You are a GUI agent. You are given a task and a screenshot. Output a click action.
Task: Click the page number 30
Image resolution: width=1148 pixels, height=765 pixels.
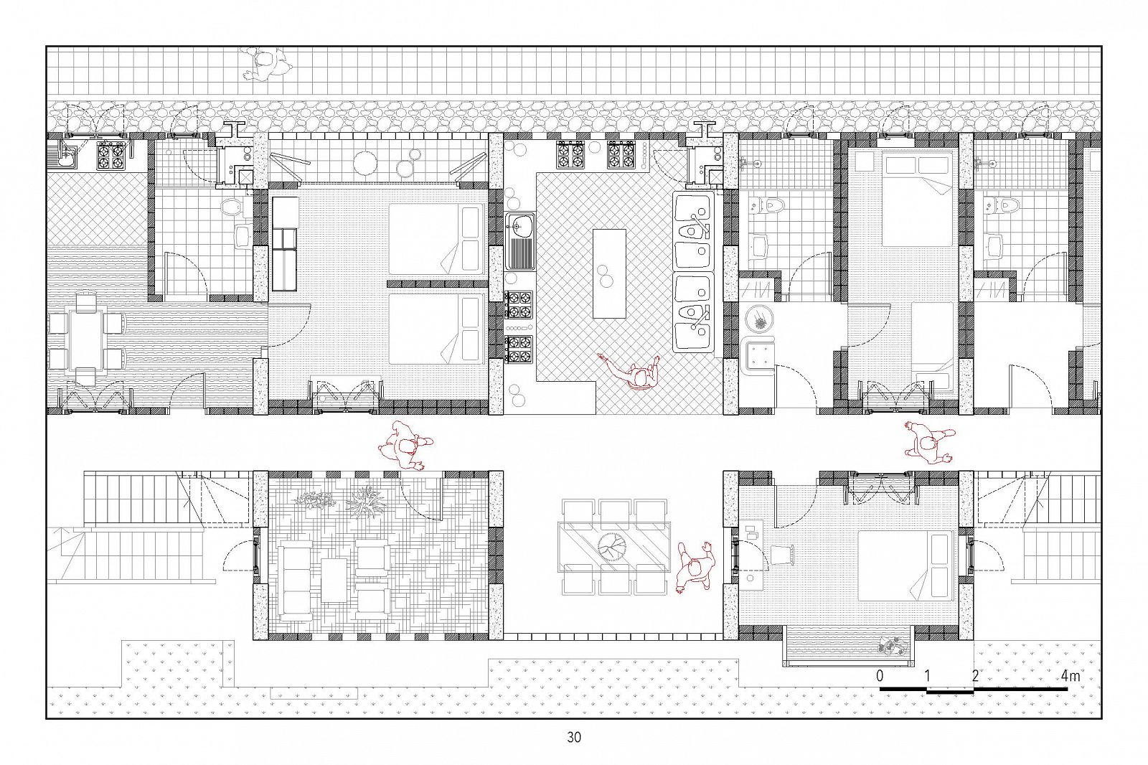tap(574, 737)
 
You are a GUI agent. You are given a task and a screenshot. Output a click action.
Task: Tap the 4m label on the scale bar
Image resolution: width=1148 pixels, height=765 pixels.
tap(1070, 676)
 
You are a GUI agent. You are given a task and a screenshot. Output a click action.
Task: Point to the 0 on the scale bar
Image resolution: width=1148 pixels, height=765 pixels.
tap(880, 676)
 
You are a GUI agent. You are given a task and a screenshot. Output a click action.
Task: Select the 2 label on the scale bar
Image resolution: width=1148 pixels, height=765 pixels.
tap(975, 676)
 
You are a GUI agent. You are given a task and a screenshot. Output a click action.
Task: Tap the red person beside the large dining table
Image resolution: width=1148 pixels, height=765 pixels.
tap(695, 567)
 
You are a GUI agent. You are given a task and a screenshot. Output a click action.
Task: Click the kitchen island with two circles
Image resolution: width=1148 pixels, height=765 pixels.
tap(609, 274)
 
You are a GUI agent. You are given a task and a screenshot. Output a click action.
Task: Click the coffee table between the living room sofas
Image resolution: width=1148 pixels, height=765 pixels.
tap(334, 580)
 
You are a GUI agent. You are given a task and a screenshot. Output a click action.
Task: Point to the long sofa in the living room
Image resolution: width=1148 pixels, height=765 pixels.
tap(294, 583)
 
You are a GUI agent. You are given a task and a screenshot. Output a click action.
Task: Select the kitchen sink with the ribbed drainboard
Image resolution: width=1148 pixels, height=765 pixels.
tap(520, 242)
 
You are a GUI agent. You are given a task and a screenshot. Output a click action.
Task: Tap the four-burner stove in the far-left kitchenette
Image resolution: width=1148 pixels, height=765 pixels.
tap(110, 155)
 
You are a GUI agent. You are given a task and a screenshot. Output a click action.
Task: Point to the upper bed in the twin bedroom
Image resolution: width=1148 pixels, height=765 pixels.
tap(437, 240)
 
